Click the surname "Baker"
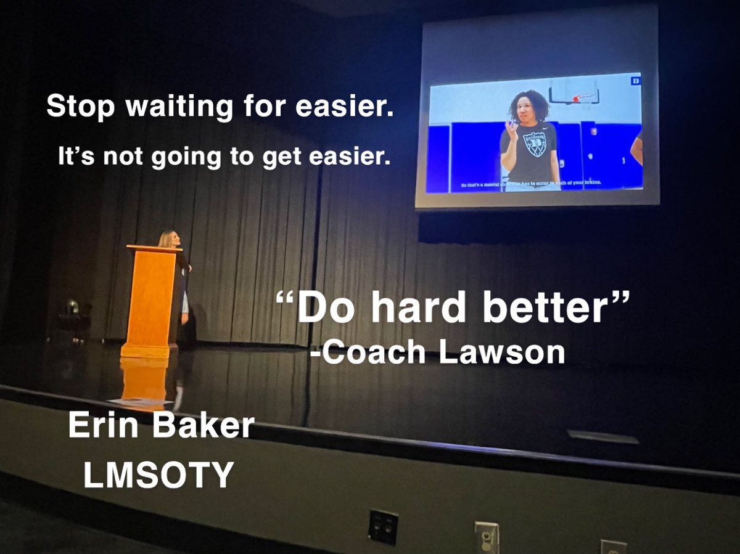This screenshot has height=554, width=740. [x=206, y=426]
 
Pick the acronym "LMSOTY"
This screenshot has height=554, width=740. [x=158, y=474]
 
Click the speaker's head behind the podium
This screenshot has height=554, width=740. [x=166, y=238]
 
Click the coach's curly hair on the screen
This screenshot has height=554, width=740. [x=528, y=104]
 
